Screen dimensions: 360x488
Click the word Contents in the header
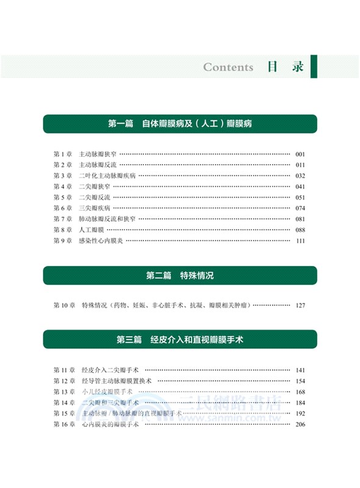click(228, 67)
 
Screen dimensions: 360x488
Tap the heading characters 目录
click(285, 66)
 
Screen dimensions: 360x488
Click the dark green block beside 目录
click(314, 66)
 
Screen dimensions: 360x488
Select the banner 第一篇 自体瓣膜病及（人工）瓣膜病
click(180, 123)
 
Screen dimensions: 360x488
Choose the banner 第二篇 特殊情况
click(180, 276)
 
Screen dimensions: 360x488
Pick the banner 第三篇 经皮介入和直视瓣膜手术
click(180, 339)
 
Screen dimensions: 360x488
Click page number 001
click(300, 154)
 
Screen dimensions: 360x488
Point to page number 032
click(300, 176)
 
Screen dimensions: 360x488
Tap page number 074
click(300, 208)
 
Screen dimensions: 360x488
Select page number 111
click(300, 241)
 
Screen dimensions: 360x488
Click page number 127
click(300, 305)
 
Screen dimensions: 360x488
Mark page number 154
click(300, 381)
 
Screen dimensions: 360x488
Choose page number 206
click(300, 425)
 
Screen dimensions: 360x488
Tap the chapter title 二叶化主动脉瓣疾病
click(106, 176)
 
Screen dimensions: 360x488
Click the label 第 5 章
click(63, 198)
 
